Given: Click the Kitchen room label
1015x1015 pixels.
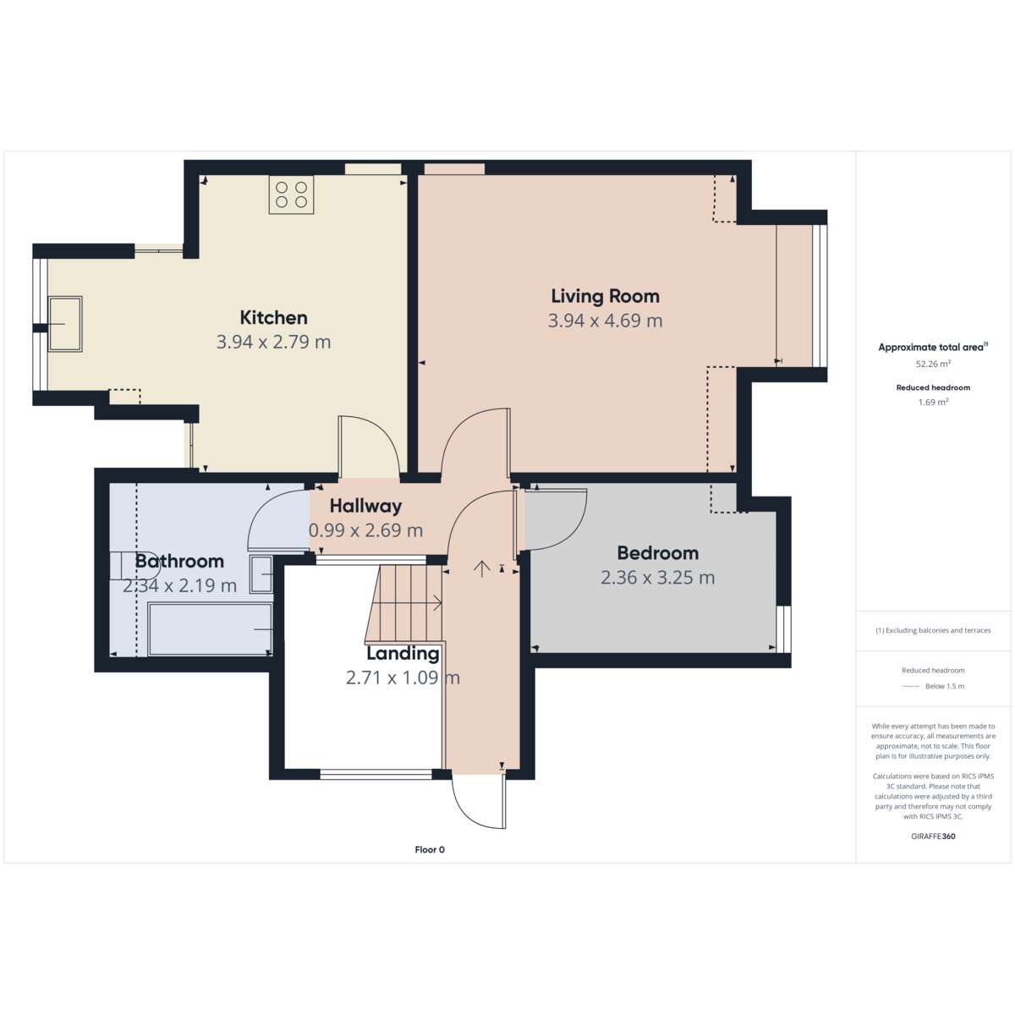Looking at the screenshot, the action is pyautogui.click(x=273, y=318).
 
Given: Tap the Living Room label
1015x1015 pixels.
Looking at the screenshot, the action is pyautogui.click(x=606, y=296).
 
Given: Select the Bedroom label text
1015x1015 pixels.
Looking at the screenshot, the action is pyautogui.click(x=658, y=553).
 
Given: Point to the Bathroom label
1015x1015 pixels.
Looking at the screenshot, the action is pyautogui.click(x=179, y=561).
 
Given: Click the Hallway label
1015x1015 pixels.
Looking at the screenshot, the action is pyautogui.click(x=365, y=506).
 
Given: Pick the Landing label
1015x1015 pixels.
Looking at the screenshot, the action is pyautogui.click(x=403, y=653).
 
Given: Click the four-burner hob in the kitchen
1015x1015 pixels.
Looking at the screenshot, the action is pyautogui.click(x=291, y=195).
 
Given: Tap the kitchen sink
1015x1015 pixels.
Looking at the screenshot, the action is pyautogui.click(x=65, y=324).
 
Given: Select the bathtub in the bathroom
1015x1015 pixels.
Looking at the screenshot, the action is pyautogui.click(x=210, y=629).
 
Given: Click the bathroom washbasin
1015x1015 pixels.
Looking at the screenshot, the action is pyautogui.click(x=261, y=574).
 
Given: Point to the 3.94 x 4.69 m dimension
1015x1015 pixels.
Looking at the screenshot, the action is pyautogui.click(x=606, y=321).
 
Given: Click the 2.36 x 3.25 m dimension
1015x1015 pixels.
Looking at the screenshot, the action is pyautogui.click(x=658, y=578).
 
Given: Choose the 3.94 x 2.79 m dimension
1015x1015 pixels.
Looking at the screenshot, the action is pyautogui.click(x=273, y=343).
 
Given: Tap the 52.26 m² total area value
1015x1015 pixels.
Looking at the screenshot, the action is pyautogui.click(x=933, y=364).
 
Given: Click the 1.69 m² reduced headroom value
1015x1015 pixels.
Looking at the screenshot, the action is pyautogui.click(x=933, y=402).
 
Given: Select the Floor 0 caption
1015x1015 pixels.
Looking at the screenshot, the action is pyautogui.click(x=430, y=849).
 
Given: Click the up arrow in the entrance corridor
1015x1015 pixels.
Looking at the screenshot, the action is pyautogui.click(x=481, y=569).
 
